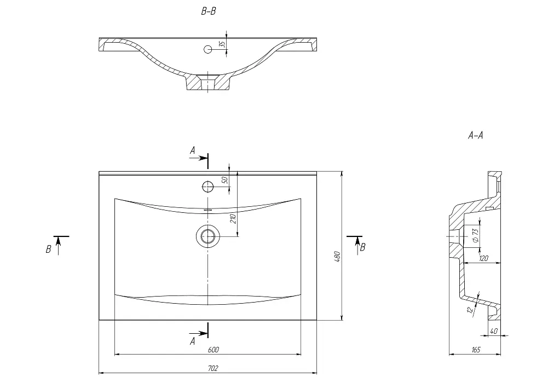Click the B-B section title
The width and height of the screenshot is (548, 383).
point(208,11)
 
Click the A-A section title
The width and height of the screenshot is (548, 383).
point(475,135)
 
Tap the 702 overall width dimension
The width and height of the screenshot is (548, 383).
point(213,368)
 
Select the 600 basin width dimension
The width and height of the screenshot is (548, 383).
point(213,350)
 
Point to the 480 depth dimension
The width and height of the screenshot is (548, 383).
point(337,257)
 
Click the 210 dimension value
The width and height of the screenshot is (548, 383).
point(233,218)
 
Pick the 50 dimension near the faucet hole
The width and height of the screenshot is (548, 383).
point(224,180)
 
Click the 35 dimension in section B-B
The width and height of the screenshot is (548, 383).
point(222,44)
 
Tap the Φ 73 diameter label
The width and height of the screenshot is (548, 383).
point(475,236)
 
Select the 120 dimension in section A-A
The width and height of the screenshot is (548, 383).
point(484,258)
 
